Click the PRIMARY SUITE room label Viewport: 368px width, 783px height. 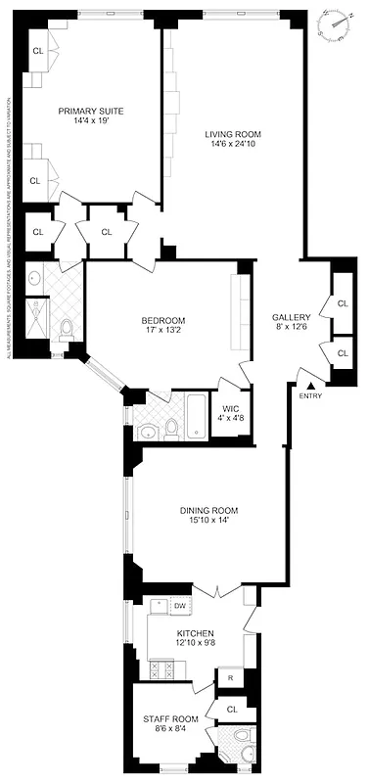[90, 111]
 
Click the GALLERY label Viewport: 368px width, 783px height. [292, 317]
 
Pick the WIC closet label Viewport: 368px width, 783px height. [231, 409]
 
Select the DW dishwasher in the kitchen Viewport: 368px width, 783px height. [179, 607]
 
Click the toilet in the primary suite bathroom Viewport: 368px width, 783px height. [67, 326]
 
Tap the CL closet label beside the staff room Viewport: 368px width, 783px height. [232, 709]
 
